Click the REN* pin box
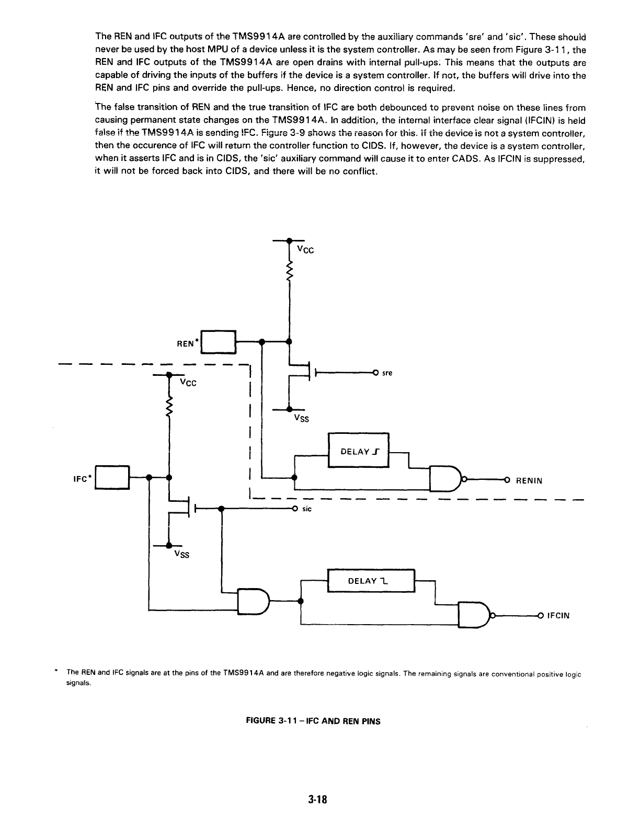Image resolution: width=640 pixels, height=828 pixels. pyautogui.click(x=219, y=342)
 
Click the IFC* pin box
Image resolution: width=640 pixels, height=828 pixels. pyautogui.click(x=112, y=477)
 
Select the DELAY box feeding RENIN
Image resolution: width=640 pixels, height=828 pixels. pyautogui.click(x=358, y=451)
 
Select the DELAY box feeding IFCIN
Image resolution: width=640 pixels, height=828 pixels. pyautogui.click(x=370, y=580)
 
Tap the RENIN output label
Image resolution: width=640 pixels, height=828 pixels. pyautogui.click(x=529, y=480)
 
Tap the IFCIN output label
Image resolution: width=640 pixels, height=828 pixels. pyautogui.click(x=558, y=616)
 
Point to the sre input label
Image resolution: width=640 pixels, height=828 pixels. pyautogui.click(x=387, y=373)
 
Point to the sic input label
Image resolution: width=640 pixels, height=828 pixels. pyautogui.click(x=307, y=509)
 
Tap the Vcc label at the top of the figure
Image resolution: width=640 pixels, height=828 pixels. pyautogui.click(x=305, y=250)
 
